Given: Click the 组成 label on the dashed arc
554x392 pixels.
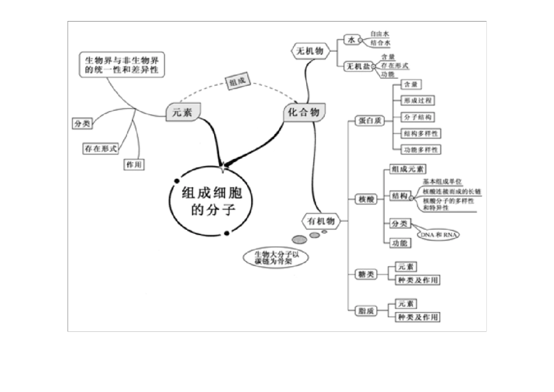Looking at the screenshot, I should [x=237, y=83].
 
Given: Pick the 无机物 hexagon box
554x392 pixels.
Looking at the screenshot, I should [x=310, y=51].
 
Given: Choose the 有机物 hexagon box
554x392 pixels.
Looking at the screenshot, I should [x=320, y=221].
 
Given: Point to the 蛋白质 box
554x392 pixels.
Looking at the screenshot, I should [x=369, y=121].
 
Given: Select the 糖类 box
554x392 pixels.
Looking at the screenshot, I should [x=366, y=274].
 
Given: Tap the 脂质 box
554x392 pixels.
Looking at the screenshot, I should [x=366, y=311].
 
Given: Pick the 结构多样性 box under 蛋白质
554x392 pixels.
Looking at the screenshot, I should [x=420, y=134].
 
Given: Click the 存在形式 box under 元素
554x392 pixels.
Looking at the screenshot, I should [x=100, y=149].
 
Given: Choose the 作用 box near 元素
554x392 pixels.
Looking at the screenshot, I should [x=134, y=165].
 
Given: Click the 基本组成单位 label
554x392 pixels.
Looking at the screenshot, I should [x=443, y=182].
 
